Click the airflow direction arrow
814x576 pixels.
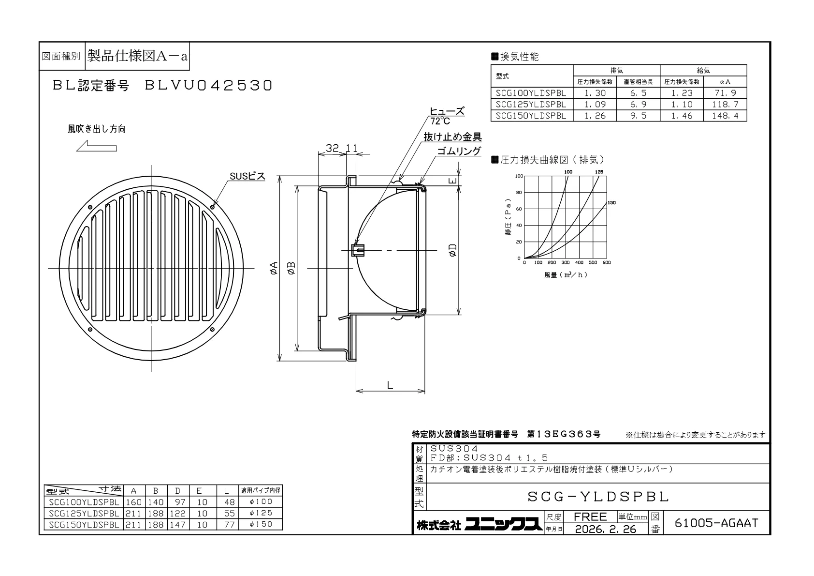tap(97, 146)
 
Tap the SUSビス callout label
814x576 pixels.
tap(247, 176)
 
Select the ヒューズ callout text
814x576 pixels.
tap(447, 111)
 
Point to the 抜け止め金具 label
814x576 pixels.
tap(453, 137)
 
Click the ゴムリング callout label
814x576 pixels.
tap(459, 151)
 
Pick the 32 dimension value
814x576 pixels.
tap(332, 148)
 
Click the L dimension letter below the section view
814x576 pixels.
tap(390, 385)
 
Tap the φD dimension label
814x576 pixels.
tap(452, 250)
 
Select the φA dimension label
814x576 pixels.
tap(274, 268)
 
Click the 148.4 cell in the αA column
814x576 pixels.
tap(725, 116)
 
